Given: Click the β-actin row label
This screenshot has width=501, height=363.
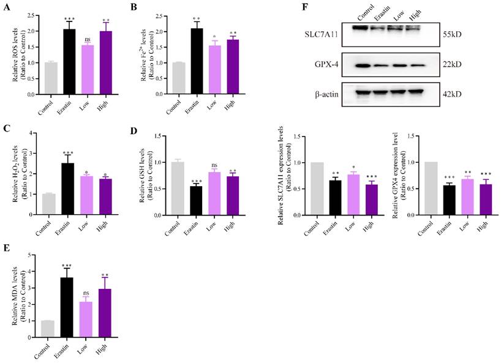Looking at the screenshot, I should tap(328, 92).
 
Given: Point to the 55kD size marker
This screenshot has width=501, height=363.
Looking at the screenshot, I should tap(454, 35).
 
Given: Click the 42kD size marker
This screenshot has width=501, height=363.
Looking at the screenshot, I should tap(454, 92).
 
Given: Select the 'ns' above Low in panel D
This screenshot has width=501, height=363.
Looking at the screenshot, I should tap(214, 164).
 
